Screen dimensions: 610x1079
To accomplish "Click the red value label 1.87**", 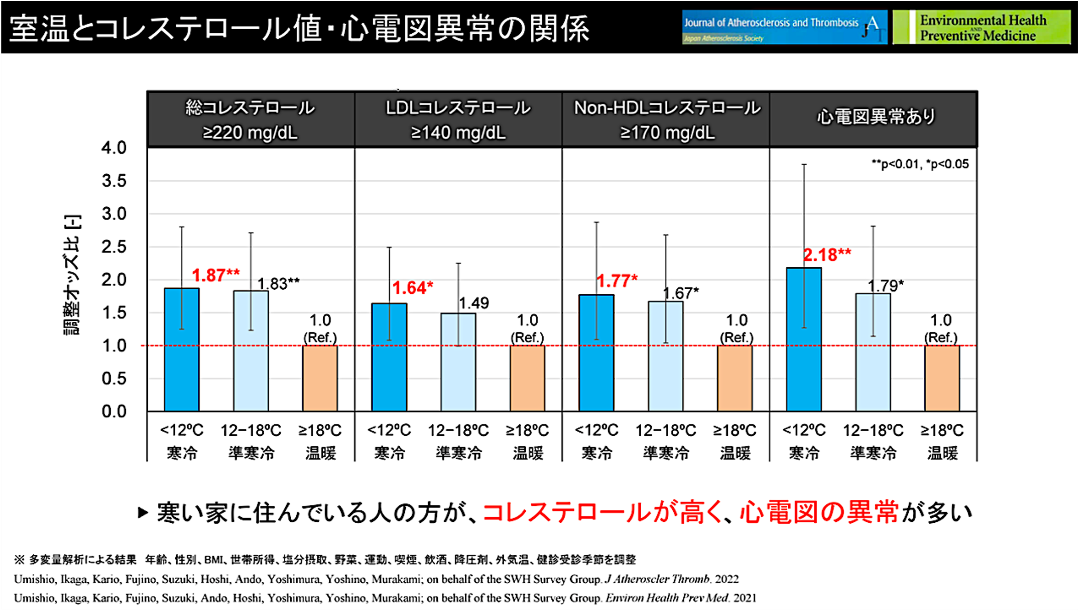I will (x=216, y=275).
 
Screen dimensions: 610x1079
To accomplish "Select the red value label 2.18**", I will (x=827, y=255).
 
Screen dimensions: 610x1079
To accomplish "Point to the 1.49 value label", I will (x=474, y=303).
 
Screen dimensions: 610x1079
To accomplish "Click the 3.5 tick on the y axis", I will (x=114, y=181).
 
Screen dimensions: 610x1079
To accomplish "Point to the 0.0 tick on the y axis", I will (x=114, y=411).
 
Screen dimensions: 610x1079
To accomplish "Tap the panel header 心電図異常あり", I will (x=875, y=116).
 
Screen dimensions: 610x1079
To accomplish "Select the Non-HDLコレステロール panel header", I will (x=667, y=120).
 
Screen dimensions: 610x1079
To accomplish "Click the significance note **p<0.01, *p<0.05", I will (x=920, y=164).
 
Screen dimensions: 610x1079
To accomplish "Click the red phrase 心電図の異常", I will (x=818, y=513).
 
